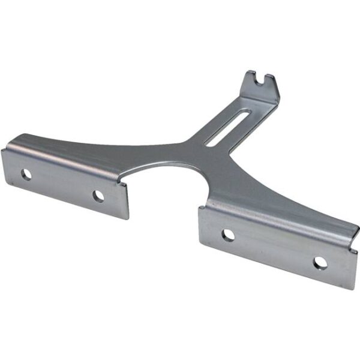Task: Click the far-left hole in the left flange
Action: (26, 174)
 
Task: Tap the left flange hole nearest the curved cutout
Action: (98, 195)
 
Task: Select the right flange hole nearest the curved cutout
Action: (228, 235)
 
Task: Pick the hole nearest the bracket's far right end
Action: (320, 262)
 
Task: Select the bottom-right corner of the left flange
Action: (128, 218)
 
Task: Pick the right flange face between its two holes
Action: (273, 248)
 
